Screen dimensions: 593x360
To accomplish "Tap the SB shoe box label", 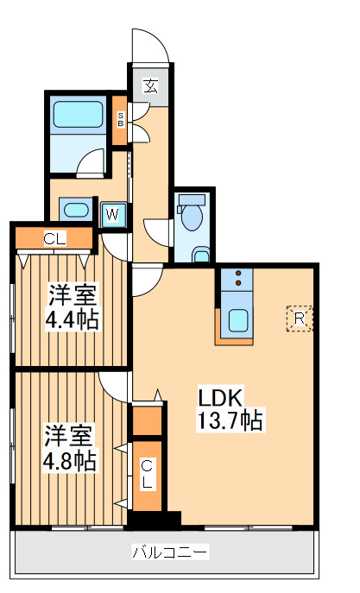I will [x=121, y=118].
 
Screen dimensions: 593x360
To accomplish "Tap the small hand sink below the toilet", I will [x=200, y=254].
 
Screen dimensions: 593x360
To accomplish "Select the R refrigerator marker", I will [x=299, y=319].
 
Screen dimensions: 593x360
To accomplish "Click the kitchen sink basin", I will [x=237, y=320].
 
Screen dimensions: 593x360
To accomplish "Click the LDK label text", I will [x=222, y=398].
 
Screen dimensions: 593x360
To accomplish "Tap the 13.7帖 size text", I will [x=229, y=421].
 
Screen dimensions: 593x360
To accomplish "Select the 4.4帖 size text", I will [x=73, y=319].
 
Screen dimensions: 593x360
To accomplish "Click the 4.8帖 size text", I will [x=70, y=459].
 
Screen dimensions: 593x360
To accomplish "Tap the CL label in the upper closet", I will [x=54, y=238].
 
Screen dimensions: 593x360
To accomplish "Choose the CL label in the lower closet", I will [x=148, y=474].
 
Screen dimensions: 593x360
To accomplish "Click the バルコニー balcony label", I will [x=170, y=551].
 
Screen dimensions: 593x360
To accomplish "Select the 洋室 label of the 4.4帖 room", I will [x=73, y=295].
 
